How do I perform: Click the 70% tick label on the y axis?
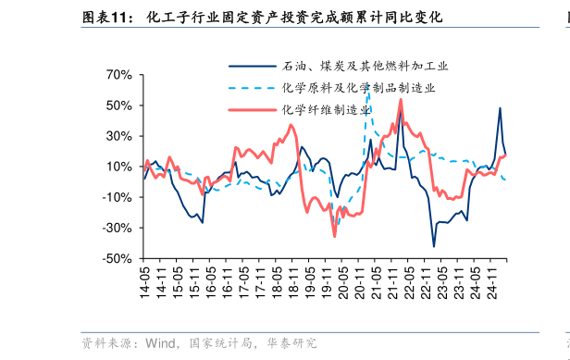pyautogui.click(x=119, y=75)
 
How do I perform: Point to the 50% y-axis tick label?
pyautogui.click(x=119, y=106)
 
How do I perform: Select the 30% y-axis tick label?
pyautogui.click(x=119, y=136)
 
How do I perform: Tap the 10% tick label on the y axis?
pyautogui.click(x=119, y=167)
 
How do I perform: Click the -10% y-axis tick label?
pyautogui.click(x=118, y=197)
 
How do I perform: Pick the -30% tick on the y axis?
pyautogui.click(x=118, y=228)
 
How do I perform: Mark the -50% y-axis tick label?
pyautogui.click(x=118, y=258)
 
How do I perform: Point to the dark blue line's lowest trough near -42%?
pyautogui.click(x=434, y=246)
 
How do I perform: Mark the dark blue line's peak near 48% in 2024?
pyautogui.click(x=500, y=108)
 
